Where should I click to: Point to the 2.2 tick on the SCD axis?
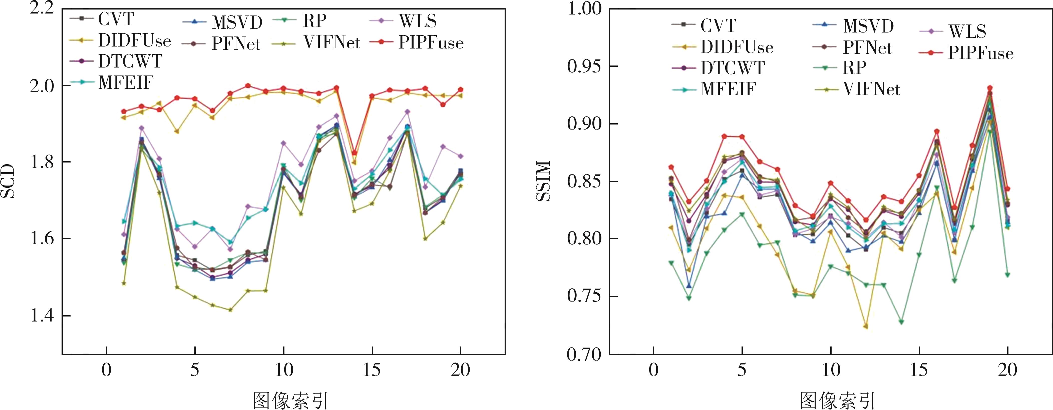pos(42,8)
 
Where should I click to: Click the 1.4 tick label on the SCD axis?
pos(42,316)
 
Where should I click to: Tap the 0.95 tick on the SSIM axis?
pos(585,66)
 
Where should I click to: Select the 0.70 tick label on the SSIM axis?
pos(585,354)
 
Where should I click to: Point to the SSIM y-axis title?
pos(544,181)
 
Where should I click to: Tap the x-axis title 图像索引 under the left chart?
pos(290,400)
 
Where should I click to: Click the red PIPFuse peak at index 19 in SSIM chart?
pos(990,88)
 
